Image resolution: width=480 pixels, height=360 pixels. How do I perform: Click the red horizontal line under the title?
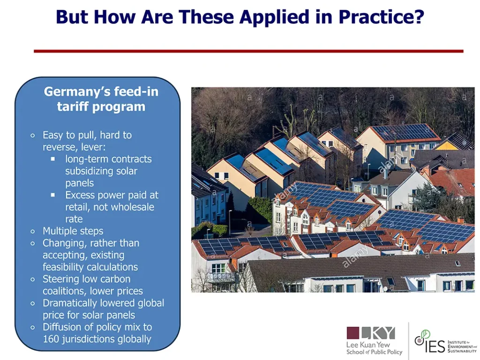click(x=248, y=51)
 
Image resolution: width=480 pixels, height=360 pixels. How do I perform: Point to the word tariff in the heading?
click(x=73, y=106)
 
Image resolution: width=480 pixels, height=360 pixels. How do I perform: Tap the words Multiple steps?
click(x=73, y=231)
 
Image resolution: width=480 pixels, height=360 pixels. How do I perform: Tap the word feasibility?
click(x=64, y=267)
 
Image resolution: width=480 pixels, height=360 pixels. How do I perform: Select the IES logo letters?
click(x=435, y=346)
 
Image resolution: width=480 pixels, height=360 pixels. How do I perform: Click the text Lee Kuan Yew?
click(x=368, y=345)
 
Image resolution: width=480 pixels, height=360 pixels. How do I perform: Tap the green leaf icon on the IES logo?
click(x=425, y=334)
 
